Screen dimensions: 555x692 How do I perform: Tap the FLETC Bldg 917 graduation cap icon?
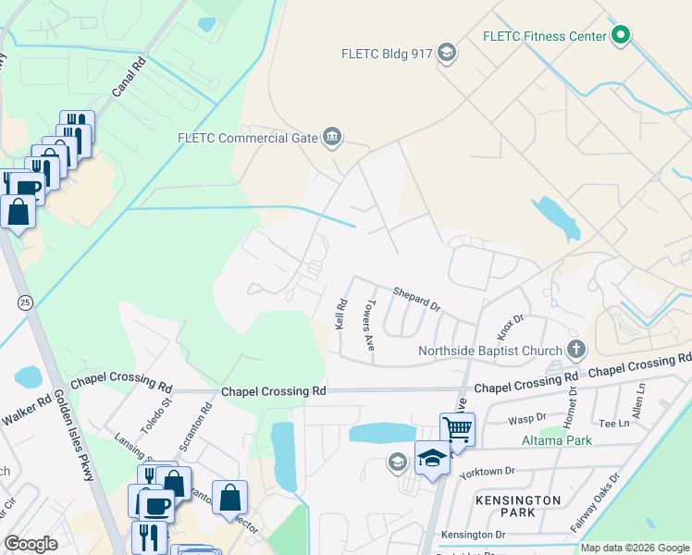tap(448, 52)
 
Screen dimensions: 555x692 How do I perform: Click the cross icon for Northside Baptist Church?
tap(576, 350)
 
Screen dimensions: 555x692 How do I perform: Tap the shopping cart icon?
tap(457, 428)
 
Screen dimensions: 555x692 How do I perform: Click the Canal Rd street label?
tap(130, 79)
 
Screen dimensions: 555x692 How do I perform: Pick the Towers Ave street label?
tap(369, 324)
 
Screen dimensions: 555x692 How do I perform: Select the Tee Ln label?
tap(614, 423)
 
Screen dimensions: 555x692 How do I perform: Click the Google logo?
tap(31, 544)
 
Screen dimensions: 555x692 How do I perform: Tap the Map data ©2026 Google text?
tap(635, 548)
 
